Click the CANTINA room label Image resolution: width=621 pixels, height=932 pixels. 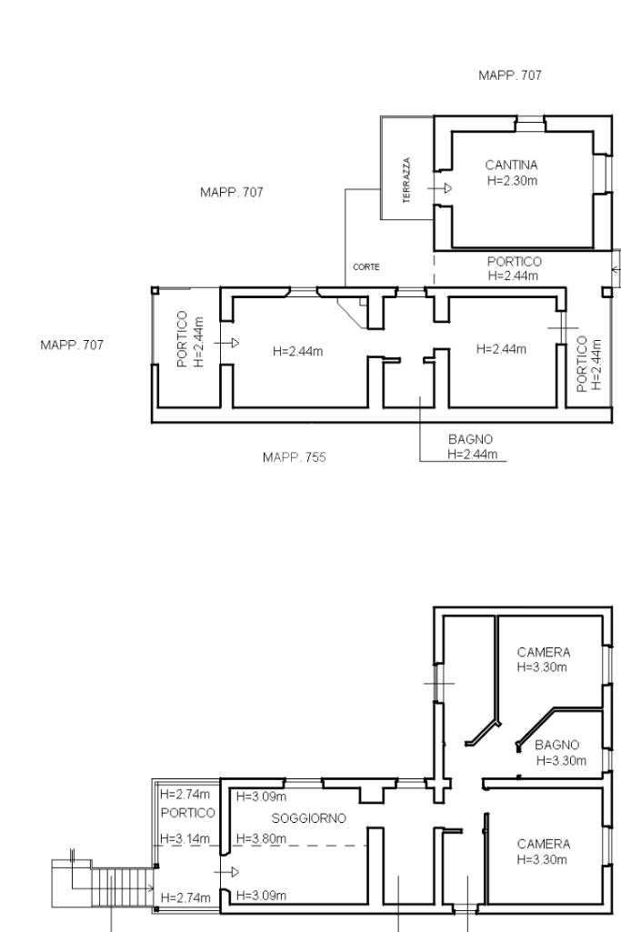click(x=511, y=165)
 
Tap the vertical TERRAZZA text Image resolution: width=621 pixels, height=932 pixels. click(x=406, y=180)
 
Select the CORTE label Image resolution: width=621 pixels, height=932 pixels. click(x=366, y=267)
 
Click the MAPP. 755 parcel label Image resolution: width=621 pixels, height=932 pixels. click(x=295, y=457)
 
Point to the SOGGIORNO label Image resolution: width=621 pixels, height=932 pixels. click(x=308, y=818)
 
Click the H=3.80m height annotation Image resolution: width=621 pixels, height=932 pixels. click(x=262, y=838)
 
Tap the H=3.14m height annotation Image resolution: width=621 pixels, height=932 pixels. click(x=185, y=838)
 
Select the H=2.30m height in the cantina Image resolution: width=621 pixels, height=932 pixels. click(x=512, y=181)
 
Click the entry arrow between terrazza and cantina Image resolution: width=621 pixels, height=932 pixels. click(x=440, y=188)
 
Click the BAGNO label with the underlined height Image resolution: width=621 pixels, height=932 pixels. click(x=471, y=439)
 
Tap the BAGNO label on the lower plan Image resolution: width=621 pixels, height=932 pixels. click(x=556, y=745)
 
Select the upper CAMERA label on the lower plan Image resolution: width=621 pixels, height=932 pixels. click(x=544, y=652)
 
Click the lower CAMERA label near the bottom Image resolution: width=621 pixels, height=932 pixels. click(x=544, y=844)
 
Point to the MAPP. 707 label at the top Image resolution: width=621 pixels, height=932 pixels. click(x=510, y=75)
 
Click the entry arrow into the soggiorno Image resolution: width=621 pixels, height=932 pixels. click(x=226, y=872)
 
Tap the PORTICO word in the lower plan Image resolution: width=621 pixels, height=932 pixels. click(x=188, y=813)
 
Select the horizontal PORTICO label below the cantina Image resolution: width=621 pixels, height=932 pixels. click(x=515, y=262)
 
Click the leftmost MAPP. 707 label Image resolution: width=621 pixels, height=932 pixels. click(x=72, y=345)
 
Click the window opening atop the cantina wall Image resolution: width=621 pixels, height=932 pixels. click(x=529, y=124)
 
